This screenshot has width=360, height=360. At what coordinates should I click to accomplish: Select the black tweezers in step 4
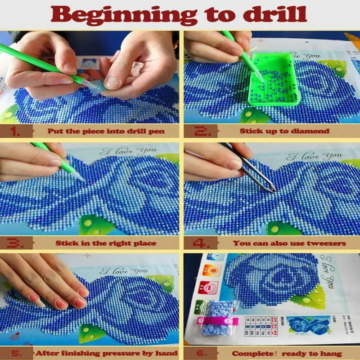point(252,171)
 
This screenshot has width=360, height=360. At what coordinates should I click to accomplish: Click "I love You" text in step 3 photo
point(128,151)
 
